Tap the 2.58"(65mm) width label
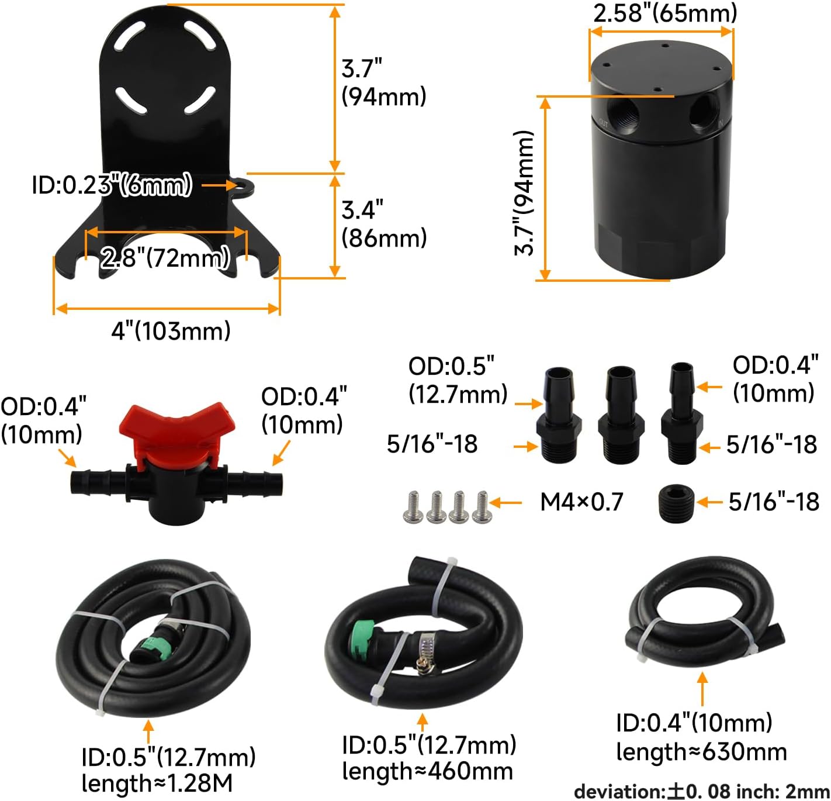(x=665, y=13)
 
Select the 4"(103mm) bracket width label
(x=171, y=332)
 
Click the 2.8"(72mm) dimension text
(x=165, y=258)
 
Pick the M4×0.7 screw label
(x=581, y=502)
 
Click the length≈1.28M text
(x=157, y=783)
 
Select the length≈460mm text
(x=427, y=772)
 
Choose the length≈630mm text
(x=701, y=752)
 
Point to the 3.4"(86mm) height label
(x=384, y=224)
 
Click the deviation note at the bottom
(x=701, y=792)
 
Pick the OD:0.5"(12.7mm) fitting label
(x=458, y=380)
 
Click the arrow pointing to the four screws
(x=507, y=502)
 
